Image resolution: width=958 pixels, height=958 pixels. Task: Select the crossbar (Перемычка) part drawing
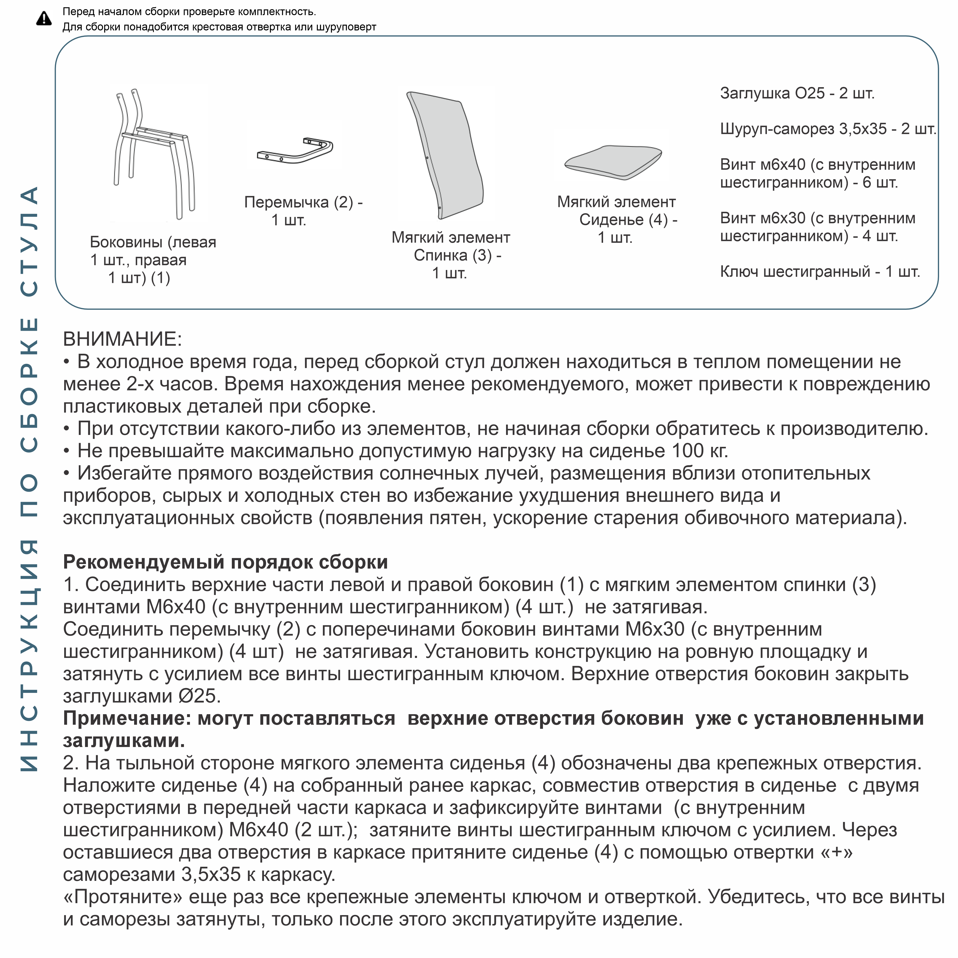tap(295, 151)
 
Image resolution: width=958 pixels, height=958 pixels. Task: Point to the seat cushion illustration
tap(613, 161)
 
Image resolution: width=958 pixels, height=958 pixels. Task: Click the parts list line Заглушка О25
tap(797, 93)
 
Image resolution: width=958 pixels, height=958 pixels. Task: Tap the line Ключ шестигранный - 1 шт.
tap(820, 272)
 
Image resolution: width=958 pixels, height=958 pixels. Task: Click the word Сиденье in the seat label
tap(611, 220)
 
